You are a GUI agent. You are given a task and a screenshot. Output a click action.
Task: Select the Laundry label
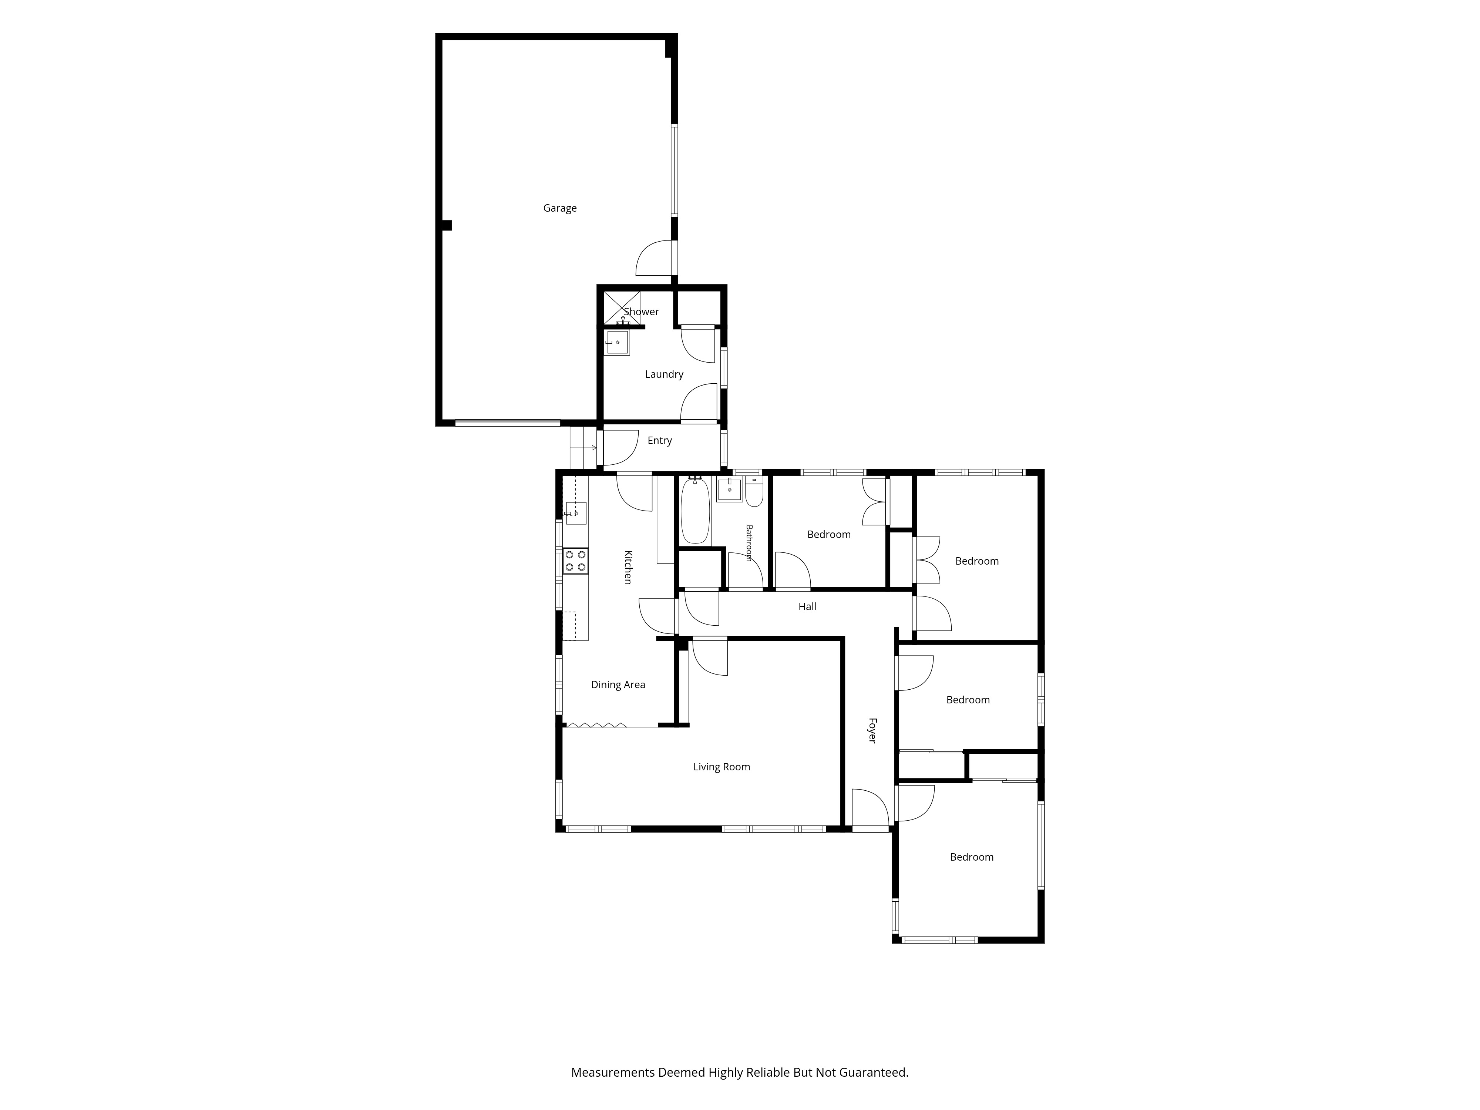click(664, 374)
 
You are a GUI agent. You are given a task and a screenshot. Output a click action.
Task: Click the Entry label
click(660, 440)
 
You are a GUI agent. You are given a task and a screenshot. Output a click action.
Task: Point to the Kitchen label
click(628, 567)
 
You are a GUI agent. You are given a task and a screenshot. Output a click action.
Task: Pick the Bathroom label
click(749, 543)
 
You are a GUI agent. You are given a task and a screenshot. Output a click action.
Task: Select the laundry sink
click(617, 343)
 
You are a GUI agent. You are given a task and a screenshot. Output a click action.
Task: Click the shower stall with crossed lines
click(622, 308)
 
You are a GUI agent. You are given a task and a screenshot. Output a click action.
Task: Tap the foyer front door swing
click(870, 808)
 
